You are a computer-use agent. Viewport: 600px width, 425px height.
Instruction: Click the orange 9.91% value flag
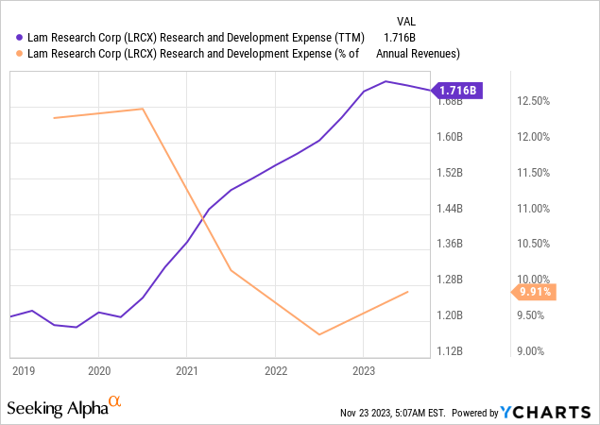pyautogui.click(x=531, y=292)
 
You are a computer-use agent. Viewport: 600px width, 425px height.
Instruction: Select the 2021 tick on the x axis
pyautogui.click(x=187, y=371)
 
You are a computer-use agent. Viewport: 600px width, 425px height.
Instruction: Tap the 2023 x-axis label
pyautogui.click(x=364, y=371)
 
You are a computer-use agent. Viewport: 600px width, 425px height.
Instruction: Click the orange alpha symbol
pyautogui.click(x=114, y=401)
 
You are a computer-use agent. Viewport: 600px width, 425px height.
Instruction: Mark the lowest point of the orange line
pyautogui.click(x=319, y=334)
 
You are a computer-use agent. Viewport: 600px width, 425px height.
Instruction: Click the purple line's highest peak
pyautogui.click(x=386, y=81)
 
